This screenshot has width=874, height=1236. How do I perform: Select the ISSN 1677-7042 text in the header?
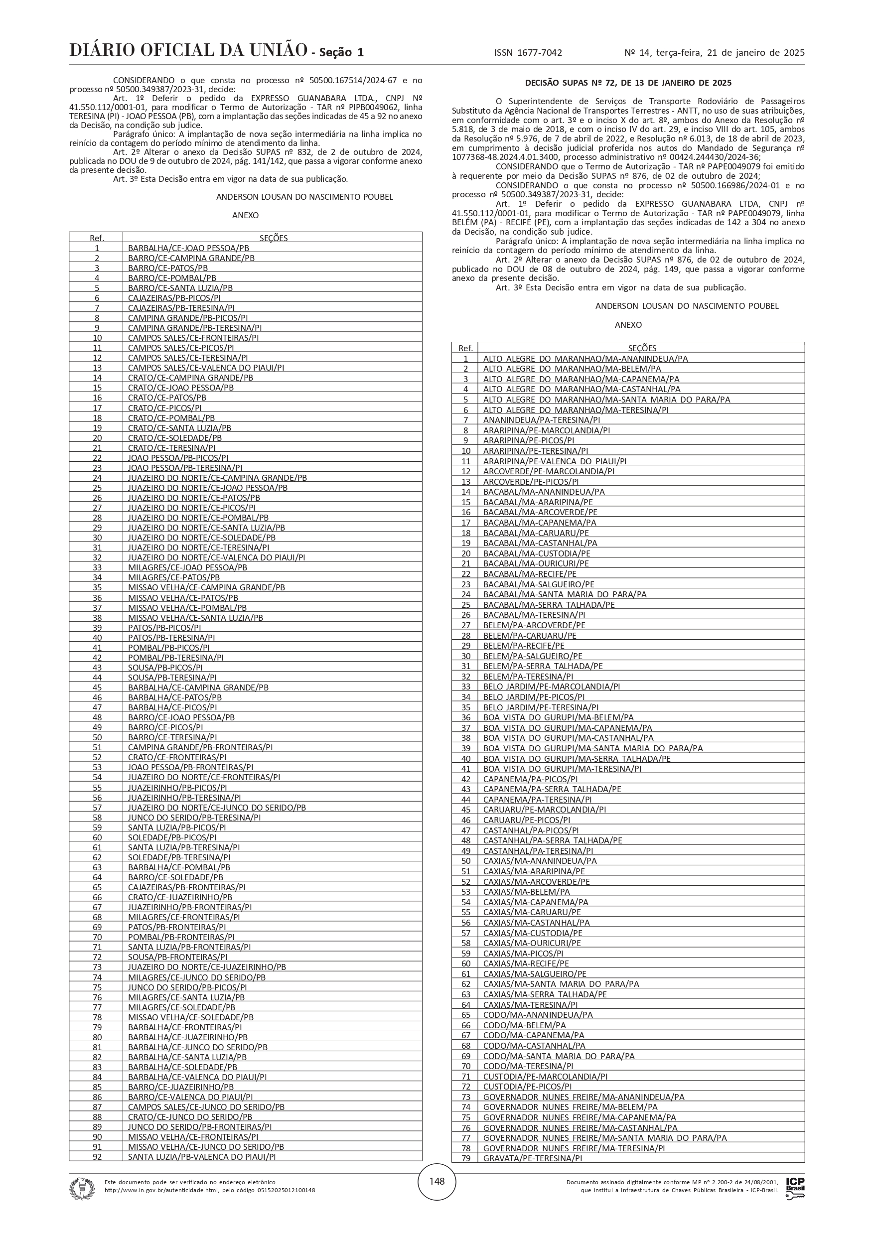click(x=528, y=53)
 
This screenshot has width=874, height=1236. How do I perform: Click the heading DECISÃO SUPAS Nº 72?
click(x=628, y=83)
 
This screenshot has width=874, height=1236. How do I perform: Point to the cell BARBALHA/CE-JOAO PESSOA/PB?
click(x=188, y=248)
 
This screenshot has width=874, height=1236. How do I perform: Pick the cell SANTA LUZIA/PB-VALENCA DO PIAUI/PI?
click(x=202, y=1156)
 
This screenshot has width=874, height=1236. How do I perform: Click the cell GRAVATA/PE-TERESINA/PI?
click(x=533, y=1158)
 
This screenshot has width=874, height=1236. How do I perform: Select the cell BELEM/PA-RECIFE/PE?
click(x=523, y=646)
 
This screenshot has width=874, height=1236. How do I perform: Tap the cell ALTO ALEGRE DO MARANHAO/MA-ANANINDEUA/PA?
click(x=585, y=359)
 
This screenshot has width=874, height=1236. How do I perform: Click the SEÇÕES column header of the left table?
click(x=273, y=238)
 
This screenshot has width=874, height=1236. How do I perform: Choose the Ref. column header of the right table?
click(x=465, y=348)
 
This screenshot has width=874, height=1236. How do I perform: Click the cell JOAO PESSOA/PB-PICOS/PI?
click(x=178, y=457)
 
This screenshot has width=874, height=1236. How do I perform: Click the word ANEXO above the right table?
click(x=628, y=325)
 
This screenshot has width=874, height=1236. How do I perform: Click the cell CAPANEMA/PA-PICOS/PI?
click(x=531, y=779)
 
